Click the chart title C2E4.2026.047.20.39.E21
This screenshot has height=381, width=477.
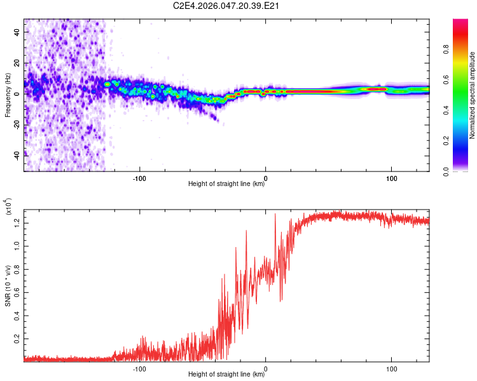click(x=227, y=6)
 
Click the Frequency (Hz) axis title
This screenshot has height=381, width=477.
click(x=8, y=95)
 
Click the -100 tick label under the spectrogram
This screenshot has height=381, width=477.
click(x=139, y=177)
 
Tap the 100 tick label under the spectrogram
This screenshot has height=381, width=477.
click(x=392, y=177)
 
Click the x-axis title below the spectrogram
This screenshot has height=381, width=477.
click(x=226, y=184)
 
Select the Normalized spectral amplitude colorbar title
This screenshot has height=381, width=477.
click(x=473, y=95)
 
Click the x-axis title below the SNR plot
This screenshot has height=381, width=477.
click(x=226, y=375)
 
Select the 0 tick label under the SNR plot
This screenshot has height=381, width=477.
click(x=266, y=368)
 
